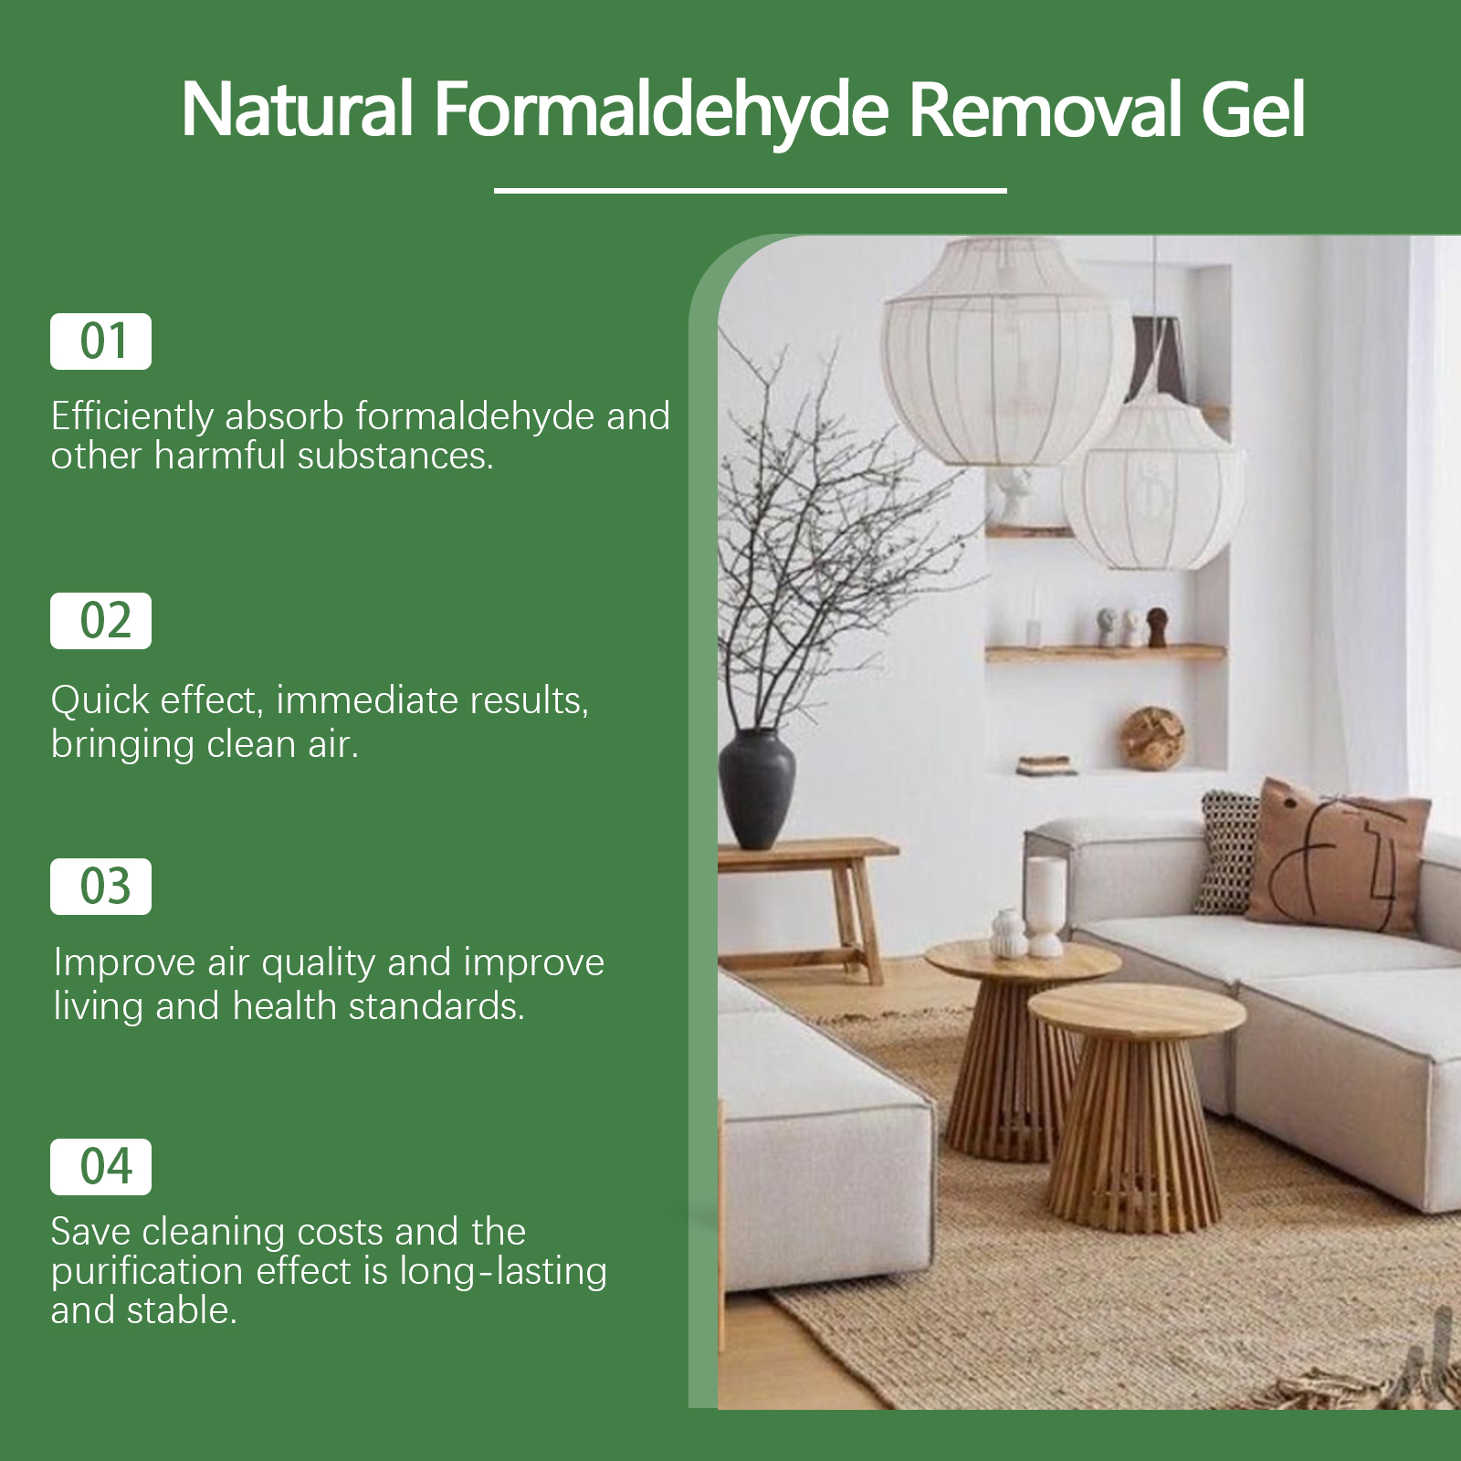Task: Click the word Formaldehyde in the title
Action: click(661, 111)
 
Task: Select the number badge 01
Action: click(100, 342)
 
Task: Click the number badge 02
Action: click(100, 621)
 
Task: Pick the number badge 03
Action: click(100, 887)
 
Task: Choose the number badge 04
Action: click(100, 1167)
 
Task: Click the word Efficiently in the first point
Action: click(132, 417)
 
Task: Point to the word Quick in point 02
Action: click(100, 701)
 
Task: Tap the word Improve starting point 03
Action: click(124, 964)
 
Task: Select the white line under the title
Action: click(751, 191)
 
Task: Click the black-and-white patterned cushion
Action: click(1227, 852)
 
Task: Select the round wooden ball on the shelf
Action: click(1152, 738)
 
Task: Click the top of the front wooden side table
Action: click(1137, 1010)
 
